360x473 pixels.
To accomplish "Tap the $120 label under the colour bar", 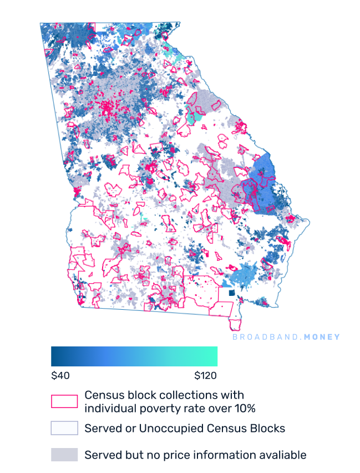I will pos(205,376).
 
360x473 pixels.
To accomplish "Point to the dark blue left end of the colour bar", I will pos(54,356).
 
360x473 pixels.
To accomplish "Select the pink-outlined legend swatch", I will pos(64,401).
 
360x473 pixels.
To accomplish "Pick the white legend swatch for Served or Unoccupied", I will pos(64,428).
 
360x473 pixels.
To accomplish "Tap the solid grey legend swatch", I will pos(64,455).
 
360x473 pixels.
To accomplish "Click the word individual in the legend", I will pos(109,409).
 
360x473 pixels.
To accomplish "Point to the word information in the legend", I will pos(221,455).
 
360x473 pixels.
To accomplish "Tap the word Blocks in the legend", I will pos(268,428).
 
